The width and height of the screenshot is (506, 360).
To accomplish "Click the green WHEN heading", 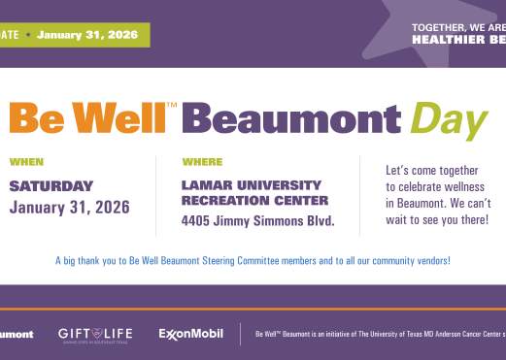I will (x=26, y=162).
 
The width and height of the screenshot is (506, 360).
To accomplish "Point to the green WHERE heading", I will (x=202, y=162).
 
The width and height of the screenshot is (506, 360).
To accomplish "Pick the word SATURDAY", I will (x=51, y=185).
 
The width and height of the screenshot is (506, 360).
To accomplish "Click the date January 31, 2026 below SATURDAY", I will (x=69, y=207).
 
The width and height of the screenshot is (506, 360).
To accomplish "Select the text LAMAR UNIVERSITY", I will (x=251, y=184).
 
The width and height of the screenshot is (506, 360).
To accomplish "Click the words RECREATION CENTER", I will (x=254, y=201).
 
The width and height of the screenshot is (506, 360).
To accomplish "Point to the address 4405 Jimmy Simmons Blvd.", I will (x=257, y=221).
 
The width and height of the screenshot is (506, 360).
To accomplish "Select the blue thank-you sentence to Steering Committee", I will (x=253, y=260).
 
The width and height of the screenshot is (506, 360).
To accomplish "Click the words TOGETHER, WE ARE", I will (x=457, y=27).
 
